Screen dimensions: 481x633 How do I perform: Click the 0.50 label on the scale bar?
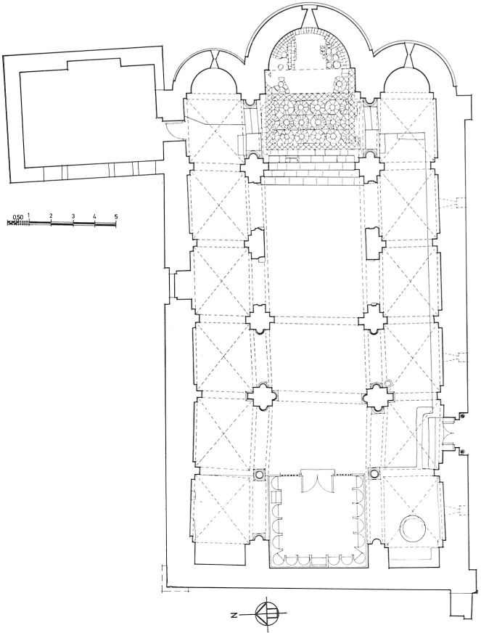tap(17, 217)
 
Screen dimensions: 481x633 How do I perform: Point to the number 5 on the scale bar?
tap(116, 216)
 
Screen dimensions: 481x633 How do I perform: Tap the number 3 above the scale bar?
tap(73, 216)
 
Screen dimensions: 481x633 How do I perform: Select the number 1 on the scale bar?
tap(29, 216)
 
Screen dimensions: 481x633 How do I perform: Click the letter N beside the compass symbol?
tap(233, 616)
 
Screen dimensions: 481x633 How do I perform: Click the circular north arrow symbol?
tap(266, 615)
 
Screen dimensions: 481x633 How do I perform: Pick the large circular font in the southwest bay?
tap(413, 528)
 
